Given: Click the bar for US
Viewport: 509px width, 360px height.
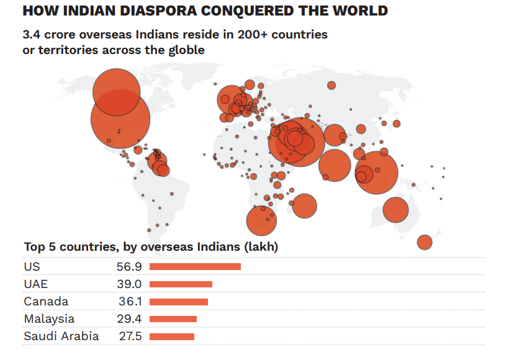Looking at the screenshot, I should [x=195, y=266].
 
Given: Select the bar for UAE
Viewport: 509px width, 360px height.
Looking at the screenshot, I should [x=181, y=284].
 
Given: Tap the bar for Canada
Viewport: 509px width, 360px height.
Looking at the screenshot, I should [x=179, y=302].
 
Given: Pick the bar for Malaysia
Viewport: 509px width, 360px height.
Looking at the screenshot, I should [x=173, y=319].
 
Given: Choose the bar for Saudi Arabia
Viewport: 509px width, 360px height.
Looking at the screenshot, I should [x=172, y=336].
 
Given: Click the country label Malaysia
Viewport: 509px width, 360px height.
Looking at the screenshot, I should [x=49, y=319].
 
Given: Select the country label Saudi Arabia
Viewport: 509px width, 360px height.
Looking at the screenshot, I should [x=61, y=336].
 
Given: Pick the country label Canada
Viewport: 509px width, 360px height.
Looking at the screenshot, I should [x=46, y=302].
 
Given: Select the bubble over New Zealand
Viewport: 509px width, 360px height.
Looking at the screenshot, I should [x=425, y=242].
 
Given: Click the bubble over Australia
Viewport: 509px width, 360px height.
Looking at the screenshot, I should [x=395, y=210].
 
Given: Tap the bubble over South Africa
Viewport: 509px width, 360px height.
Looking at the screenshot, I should [x=261, y=221].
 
